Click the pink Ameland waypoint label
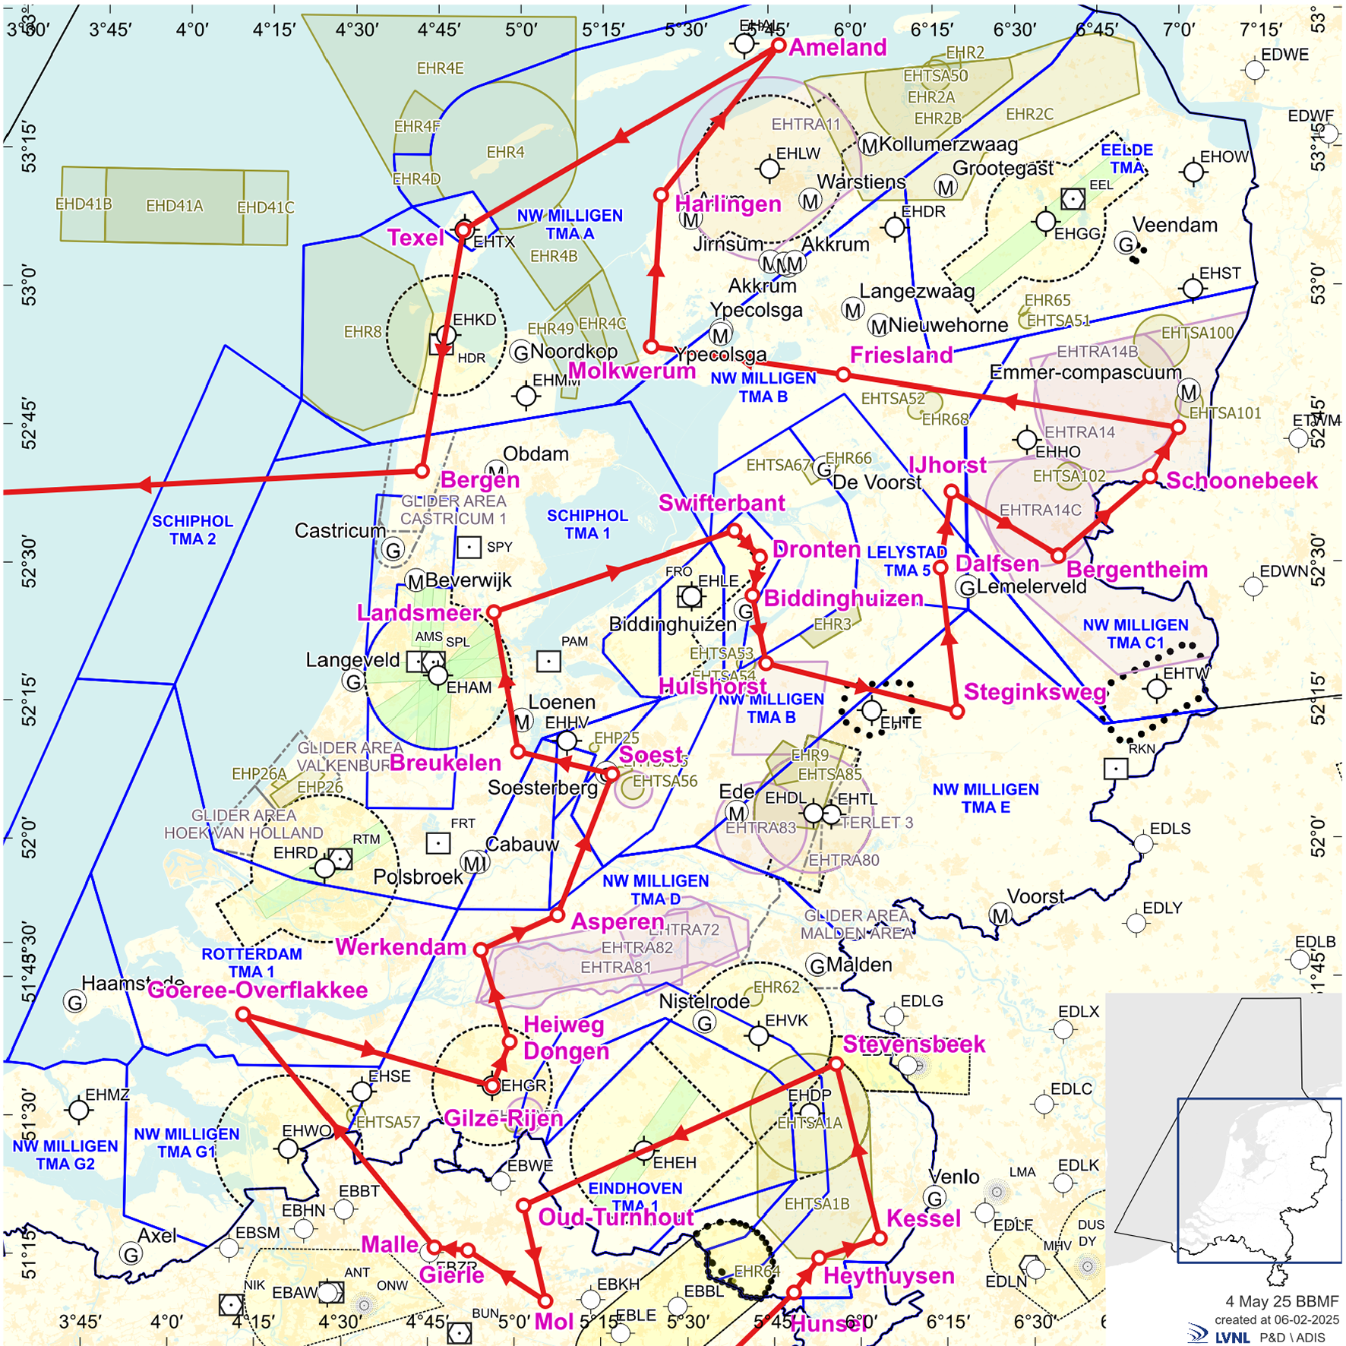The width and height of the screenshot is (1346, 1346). coord(838,48)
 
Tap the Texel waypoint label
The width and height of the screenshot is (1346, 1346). coord(415,238)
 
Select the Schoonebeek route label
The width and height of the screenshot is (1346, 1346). coord(1241,481)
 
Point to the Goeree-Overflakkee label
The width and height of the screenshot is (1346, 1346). coord(258,990)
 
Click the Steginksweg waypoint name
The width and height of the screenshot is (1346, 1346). coord(1035,692)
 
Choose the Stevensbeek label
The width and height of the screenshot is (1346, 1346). coord(914,1044)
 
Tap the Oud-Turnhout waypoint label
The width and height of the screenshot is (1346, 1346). coord(615,1218)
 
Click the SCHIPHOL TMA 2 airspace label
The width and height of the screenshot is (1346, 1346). coord(192,530)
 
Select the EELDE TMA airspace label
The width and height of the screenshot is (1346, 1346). coord(1126,159)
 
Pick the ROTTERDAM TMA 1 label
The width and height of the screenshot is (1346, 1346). coord(251,962)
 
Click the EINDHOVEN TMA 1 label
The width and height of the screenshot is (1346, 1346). coord(635,1196)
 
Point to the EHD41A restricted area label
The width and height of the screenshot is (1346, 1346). coord(174,206)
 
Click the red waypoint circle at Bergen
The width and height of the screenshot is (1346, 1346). coord(422,472)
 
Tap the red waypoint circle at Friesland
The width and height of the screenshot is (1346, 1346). coord(843,374)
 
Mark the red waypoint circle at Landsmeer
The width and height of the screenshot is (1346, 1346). coord(494,611)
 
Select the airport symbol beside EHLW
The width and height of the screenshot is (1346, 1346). coord(769,169)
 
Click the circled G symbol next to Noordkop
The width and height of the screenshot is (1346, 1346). coord(521,352)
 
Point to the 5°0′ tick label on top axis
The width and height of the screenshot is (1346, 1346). coord(521,30)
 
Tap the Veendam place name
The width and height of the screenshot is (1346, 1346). coord(1174,225)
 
